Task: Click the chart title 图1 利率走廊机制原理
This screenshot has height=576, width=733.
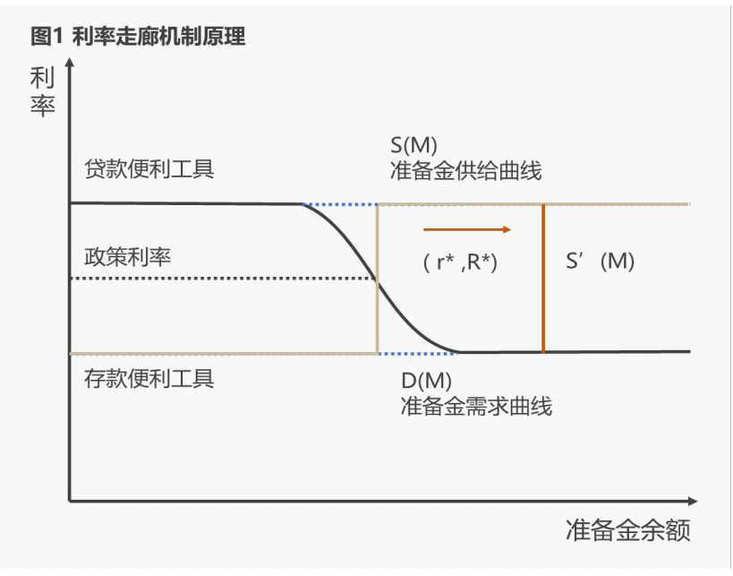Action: point(137,36)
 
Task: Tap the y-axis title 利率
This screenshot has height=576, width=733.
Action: point(43,92)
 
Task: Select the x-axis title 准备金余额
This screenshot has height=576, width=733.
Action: point(628,531)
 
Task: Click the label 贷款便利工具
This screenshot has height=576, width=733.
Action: point(149,169)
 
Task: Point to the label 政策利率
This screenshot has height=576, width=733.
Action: point(127,256)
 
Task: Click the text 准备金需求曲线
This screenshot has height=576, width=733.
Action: point(476,406)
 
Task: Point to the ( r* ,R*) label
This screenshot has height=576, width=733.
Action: point(460,263)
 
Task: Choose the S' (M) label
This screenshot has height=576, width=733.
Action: point(601,262)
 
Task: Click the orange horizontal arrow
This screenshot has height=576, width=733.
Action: point(466,229)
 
